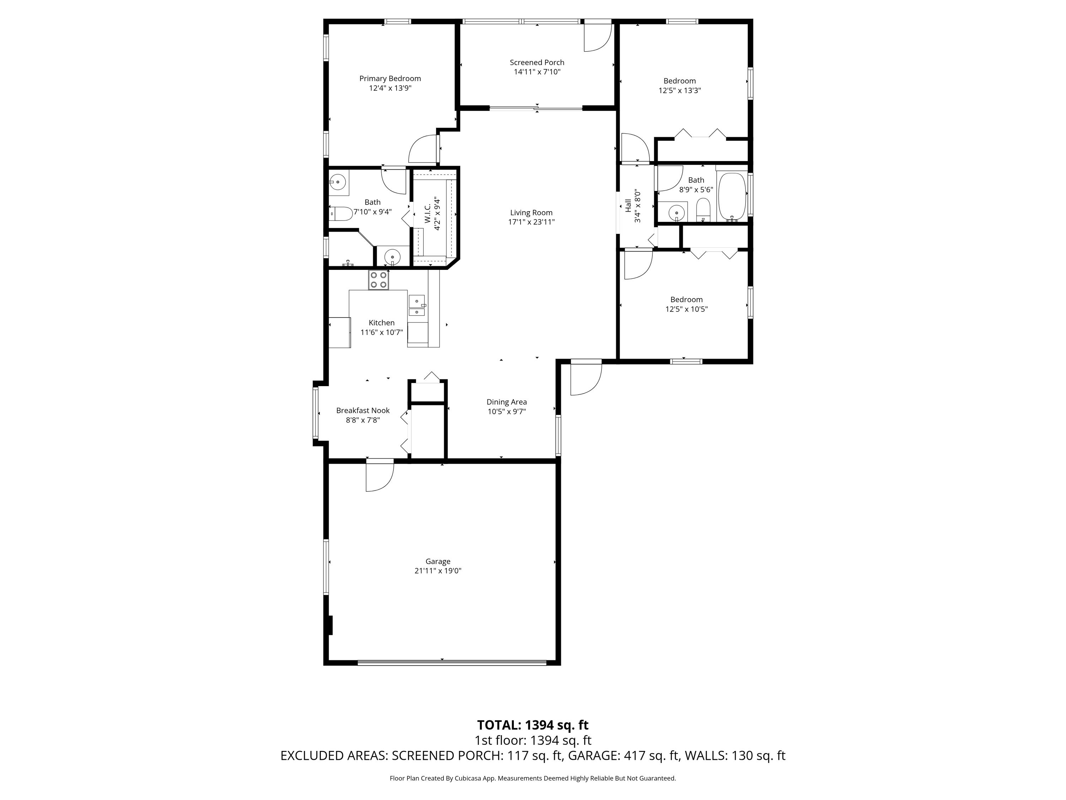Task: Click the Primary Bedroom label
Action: coord(390,79)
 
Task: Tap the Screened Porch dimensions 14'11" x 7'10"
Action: coord(537,72)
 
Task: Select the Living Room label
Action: coord(531,213)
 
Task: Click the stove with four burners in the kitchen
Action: coord(378,280)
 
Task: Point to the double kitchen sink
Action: coord(416,306)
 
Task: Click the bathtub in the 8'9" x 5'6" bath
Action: coord(732,196)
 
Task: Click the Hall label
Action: coord(628,206)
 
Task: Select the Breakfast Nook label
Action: coord(362,410)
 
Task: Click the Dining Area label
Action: coord(506,402)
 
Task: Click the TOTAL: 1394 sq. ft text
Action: coord(533,725)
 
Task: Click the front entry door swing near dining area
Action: coord(586,379)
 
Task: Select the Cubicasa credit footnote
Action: coord(533,778)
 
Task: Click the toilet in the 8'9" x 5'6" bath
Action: coord(704,209)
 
